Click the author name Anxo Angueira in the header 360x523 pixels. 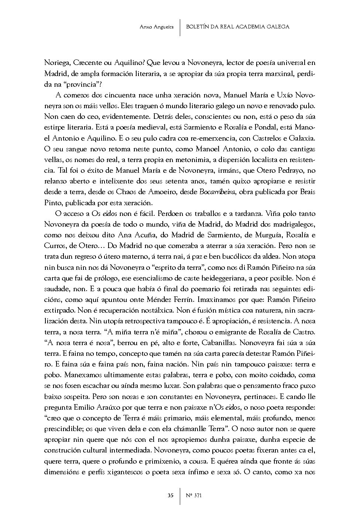157,27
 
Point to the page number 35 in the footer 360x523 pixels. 170,495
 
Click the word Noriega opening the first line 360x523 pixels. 56,63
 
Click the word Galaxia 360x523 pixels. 302,138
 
